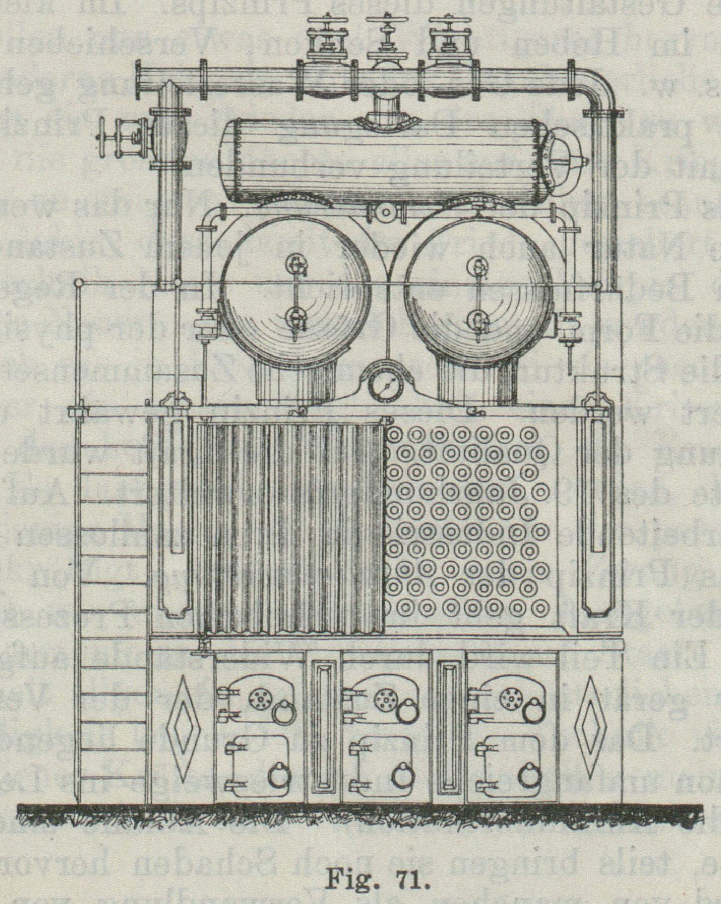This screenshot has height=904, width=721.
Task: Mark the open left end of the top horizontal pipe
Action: (139, 82)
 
